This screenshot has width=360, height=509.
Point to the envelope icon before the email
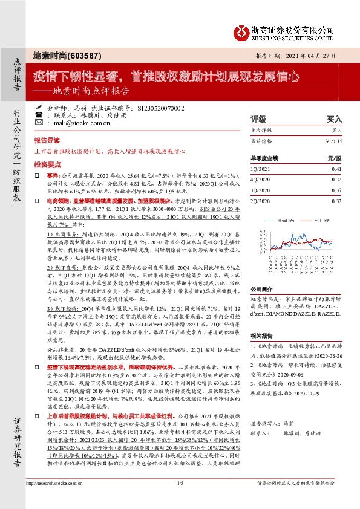coord(39,122)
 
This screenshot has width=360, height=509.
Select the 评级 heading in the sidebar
coord(258,119)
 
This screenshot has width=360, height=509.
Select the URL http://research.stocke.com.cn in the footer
coord(54,500)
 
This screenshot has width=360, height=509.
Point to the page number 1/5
coord(180,500)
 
